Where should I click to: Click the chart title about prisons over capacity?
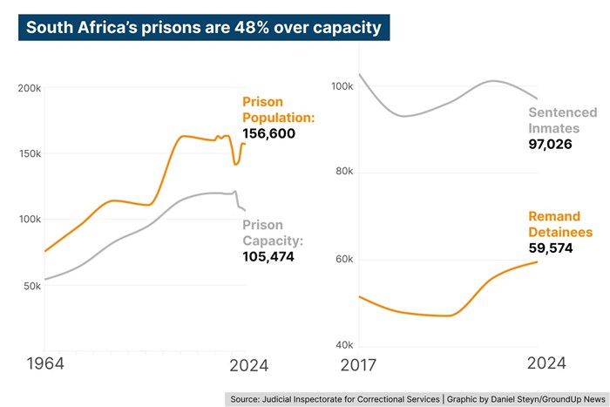click(x=203, y=27)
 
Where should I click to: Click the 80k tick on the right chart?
click(x=342, y=173)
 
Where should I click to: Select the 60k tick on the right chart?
click(x=342, y=260)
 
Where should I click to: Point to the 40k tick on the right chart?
click(x=342, y=346)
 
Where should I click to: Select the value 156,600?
click(x=269, y=133)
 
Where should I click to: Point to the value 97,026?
click(x=550, y=143)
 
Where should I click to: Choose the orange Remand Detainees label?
click(x=560, y=224)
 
